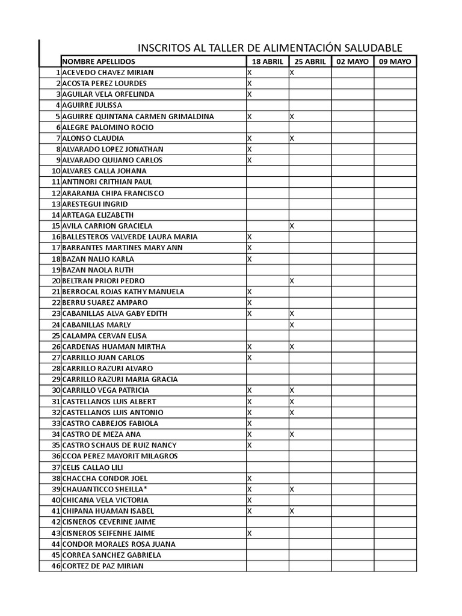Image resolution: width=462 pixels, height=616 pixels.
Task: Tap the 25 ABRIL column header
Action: (x=310, y=61)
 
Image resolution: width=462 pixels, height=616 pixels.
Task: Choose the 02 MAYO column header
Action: (x=352, y=61)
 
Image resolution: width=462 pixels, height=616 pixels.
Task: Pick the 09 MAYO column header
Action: (x=395, y=61)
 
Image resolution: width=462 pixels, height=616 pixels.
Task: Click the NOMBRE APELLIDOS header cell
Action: (x=99, y=61)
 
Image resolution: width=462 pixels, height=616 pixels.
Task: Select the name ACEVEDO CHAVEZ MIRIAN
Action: (x=108, y=72)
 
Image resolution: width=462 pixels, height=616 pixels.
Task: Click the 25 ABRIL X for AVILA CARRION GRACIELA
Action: (x=292, y=226)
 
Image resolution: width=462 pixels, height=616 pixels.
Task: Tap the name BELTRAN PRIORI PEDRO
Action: (x=103, y=281)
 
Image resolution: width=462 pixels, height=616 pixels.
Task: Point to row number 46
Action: (x=56, y=566)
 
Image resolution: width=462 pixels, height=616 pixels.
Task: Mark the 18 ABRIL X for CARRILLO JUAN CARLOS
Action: (x=250, y=357)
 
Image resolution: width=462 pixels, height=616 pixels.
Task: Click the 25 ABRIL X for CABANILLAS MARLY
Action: (x=292, y=325)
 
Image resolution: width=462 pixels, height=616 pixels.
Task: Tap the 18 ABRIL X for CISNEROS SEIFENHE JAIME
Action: (x=250, y=533)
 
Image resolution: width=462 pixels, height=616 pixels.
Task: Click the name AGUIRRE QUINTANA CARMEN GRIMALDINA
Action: (x=138, y=116)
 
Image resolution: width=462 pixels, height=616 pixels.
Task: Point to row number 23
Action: (x=56, y=313)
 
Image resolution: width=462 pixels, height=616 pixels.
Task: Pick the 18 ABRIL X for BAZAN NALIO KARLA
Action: (x=250, y=259)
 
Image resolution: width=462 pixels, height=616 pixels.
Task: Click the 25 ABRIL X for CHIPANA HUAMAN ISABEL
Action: (x=292, y=511)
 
